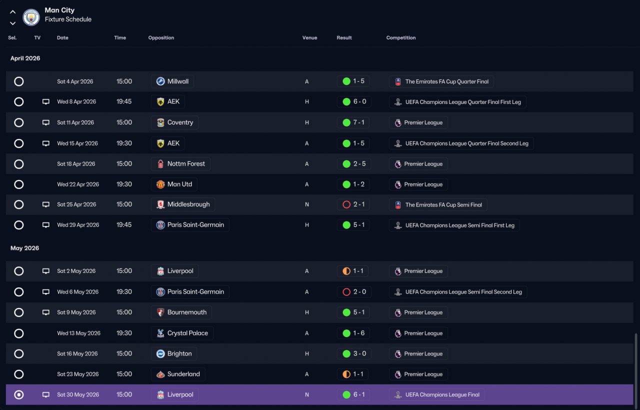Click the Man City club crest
[31, 17]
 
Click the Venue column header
[309, 37]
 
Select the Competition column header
[401, 37]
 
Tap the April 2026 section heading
[25, 58]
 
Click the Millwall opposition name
[177, 81]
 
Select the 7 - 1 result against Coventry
[359, 122]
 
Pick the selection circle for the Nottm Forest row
[19, 164]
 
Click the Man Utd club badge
[160, 184]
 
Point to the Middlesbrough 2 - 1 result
[359, 204]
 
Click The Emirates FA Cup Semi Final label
[443, 205]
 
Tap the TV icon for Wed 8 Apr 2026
[45, 101]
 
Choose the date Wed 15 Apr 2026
[77, 143]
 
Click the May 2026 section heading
[24, 248]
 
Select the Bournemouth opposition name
[187, 312]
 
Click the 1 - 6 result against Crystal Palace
[359, 333]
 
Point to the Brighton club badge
[160, 353]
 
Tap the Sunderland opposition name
[183, 374]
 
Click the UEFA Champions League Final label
[442, 394]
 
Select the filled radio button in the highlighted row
[19, 394]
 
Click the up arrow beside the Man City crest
[12, 12]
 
